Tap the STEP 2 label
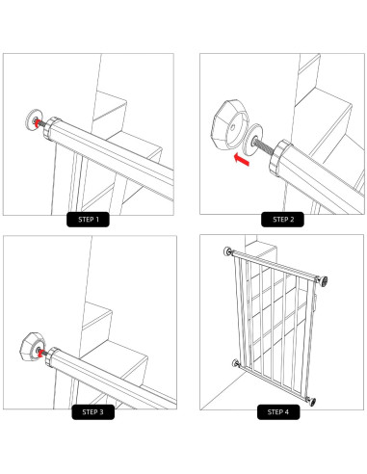pyautogui.click(x=283, y=219)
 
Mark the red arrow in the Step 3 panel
pyautogui.click(x=39, y=352)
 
